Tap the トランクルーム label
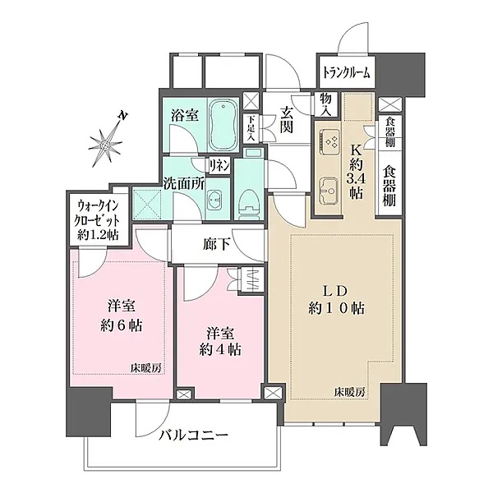[345, 72]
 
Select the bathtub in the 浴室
[219, 124]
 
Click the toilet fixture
[247, 200]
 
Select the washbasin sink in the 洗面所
[215, 200]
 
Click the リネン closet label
[219, 165]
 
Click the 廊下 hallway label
[215, 243]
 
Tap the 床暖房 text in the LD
[349, 391]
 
